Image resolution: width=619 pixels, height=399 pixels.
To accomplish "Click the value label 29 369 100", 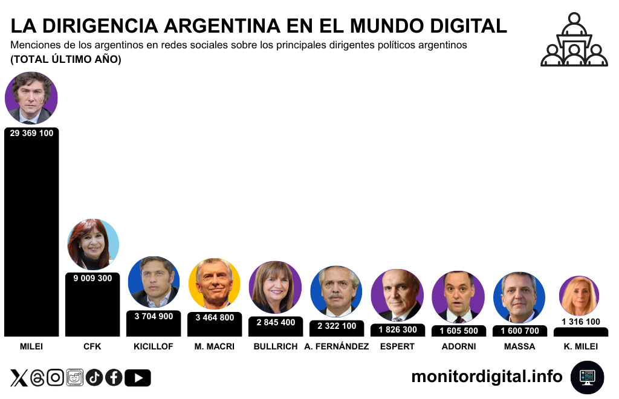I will coord(31,133).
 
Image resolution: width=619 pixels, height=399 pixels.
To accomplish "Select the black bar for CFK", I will coord(92,308).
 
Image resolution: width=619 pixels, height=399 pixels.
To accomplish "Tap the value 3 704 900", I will coord(154,316).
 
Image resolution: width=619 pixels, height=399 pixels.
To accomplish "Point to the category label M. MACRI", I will coord(215,346).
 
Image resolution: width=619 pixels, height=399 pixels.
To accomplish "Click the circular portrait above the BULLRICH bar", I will coord(276,287).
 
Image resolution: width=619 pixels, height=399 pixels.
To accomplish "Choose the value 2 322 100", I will coord(337,326).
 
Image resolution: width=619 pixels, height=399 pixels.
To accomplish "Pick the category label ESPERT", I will coord(398,346).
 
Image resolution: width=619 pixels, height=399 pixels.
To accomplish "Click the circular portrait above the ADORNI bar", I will coord(458,296).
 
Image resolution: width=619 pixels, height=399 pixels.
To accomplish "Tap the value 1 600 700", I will coord(520,331).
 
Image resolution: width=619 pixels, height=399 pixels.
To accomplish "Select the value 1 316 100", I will coord(581,322).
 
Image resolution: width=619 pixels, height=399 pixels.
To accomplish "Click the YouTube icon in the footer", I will coord(138,378).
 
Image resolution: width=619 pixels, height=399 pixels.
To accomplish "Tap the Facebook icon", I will coord(114,378).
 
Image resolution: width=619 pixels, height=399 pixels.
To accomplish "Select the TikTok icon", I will coord(94,378).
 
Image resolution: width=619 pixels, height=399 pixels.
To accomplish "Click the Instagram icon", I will coord(55,378).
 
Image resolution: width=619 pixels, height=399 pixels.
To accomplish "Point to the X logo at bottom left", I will coord(19,378).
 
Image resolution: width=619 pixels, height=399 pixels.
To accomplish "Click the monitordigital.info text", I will coord(487,376).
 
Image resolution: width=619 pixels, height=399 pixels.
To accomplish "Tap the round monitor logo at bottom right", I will coord(587,377).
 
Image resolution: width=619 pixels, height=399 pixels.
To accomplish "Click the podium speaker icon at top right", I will coord(574,40).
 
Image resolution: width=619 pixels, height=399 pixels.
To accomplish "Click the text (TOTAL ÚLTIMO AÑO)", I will coord(66,59).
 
